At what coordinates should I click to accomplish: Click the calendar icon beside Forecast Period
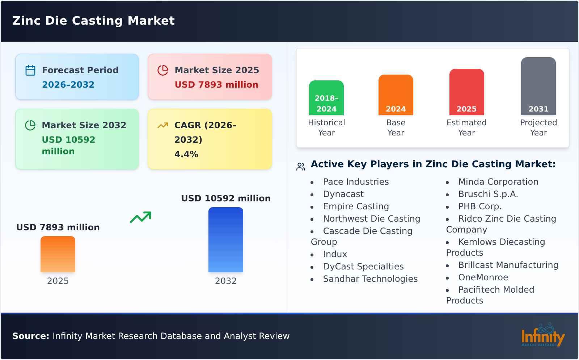(x=30, y=70)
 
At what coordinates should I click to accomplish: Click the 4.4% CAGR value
(x=186, y=154)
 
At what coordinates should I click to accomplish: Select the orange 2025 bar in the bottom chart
(x=58, y=254)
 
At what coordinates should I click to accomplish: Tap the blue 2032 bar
(x=225, y=239)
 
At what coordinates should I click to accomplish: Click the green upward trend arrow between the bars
(x=140, y=217)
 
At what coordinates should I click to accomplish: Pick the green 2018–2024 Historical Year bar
(x=326, y=98)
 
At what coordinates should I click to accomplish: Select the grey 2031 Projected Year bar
(x=538, y=86)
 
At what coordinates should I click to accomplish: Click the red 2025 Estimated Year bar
(x=466, y=92)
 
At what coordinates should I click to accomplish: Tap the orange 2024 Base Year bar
(x=396, y=95)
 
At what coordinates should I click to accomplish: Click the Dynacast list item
(x=343, y=194)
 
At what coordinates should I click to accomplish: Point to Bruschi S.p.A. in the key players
(x=488, y=194)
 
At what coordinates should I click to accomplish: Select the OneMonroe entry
(x=483, y=277)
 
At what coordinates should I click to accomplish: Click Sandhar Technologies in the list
(x=370, y=279)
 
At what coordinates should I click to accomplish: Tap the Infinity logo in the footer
(x=542, y=336)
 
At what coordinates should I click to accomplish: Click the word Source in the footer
(x=30, y=336)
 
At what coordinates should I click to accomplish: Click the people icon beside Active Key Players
(x=300, y=167)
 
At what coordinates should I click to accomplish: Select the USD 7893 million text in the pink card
(x=216, y=85)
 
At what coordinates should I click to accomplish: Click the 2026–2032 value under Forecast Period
(x=68, y=85)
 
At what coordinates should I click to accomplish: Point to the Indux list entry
(x=335, y=254)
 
